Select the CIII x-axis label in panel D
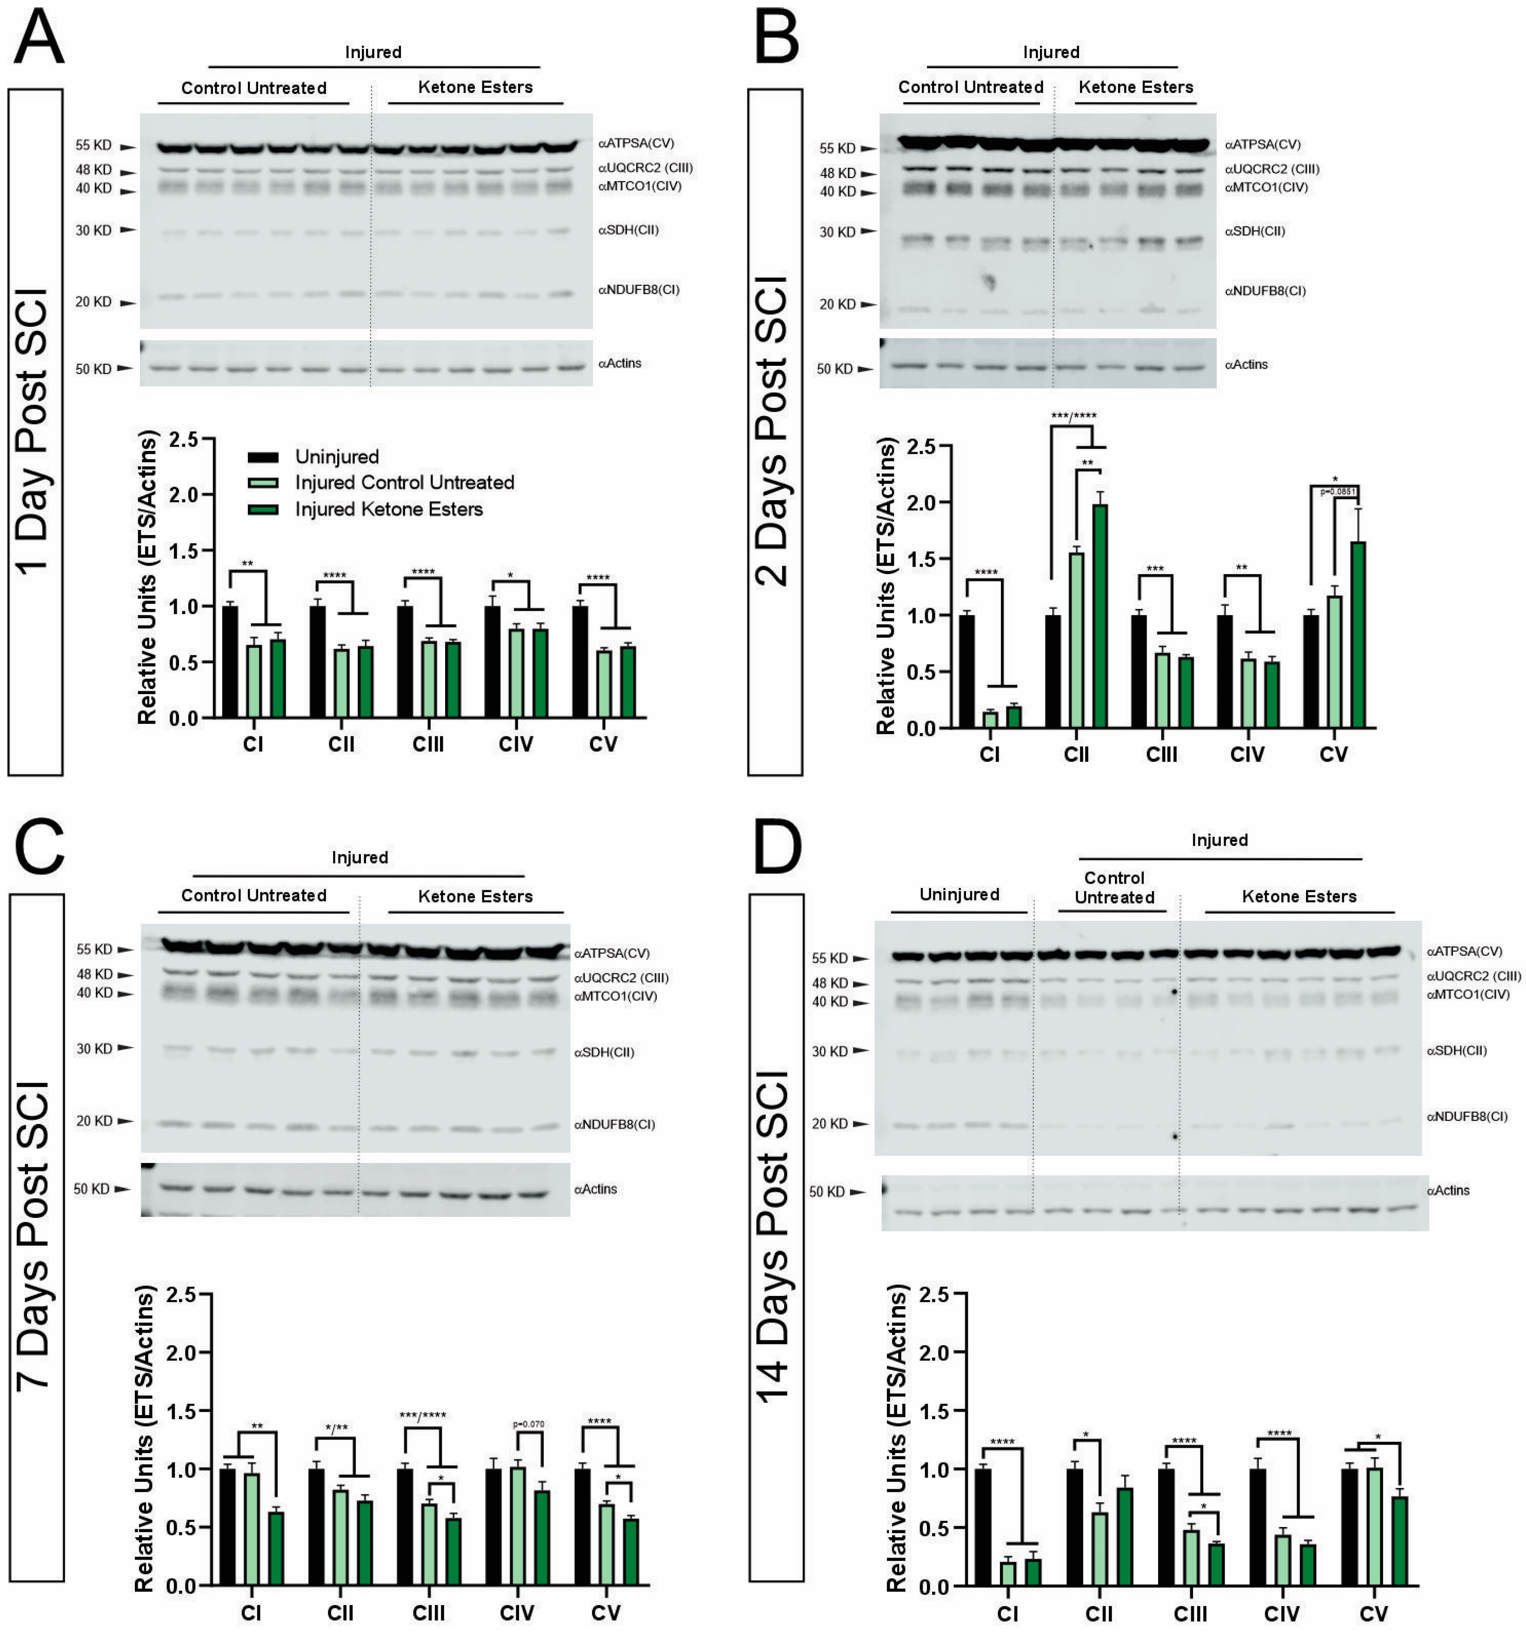1190,1614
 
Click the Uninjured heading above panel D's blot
959,894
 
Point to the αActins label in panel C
595,1189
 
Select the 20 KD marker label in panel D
829,1123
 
